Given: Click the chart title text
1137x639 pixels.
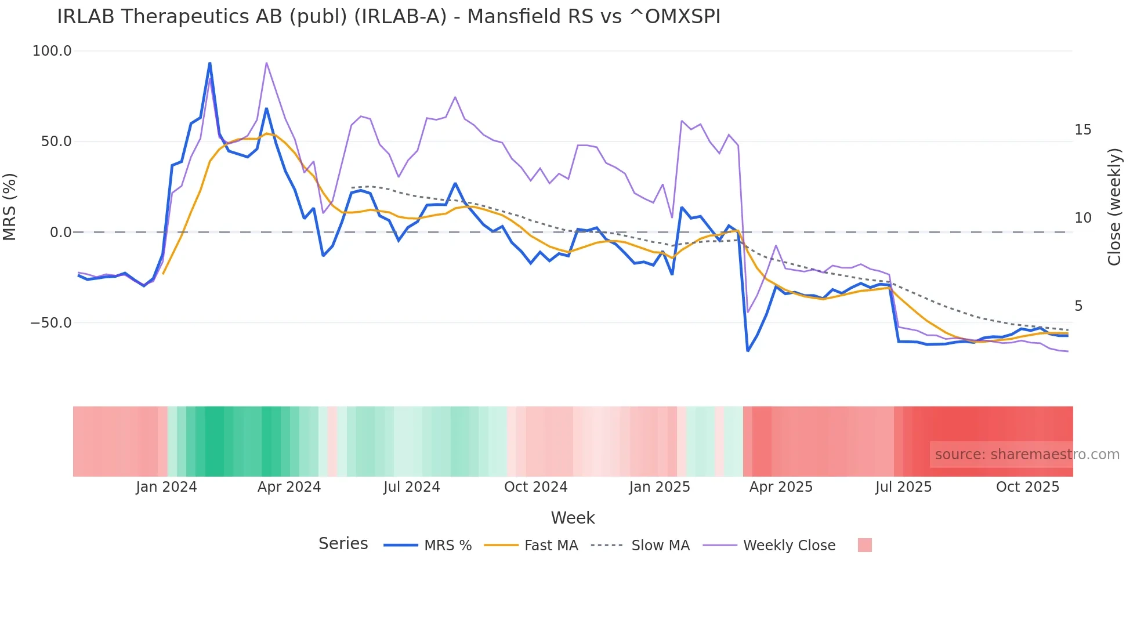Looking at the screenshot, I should tap(389, 17).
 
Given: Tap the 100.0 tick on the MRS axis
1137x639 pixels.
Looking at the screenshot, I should tap(52, 51).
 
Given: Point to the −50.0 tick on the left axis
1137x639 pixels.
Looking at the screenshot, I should tap(51, 323).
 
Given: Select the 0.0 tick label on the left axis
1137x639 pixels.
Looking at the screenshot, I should tap(61, 233).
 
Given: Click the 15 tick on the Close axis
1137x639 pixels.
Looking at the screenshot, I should tap(1082, 130).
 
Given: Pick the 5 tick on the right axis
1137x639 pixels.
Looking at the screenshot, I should tap(1078, 306).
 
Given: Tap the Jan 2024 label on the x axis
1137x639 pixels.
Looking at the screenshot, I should tap(166, 487).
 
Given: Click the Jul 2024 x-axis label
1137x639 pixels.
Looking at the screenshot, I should tap(412, 487).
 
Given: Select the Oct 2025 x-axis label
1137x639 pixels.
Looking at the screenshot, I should tap(1027, 487).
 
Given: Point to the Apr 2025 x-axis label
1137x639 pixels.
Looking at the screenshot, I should tap(781, 487).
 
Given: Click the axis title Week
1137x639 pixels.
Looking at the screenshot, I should tap(573, 518).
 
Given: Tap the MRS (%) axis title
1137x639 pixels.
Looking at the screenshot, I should tap(10, 206).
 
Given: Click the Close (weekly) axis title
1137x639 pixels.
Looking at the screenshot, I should tap(1114, 207).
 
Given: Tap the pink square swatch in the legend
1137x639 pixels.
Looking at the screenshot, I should tap(864, 546).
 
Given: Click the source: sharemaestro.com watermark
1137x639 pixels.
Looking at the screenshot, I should tap(1027, 455).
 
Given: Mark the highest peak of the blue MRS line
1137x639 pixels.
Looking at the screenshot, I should tap(209, 63).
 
